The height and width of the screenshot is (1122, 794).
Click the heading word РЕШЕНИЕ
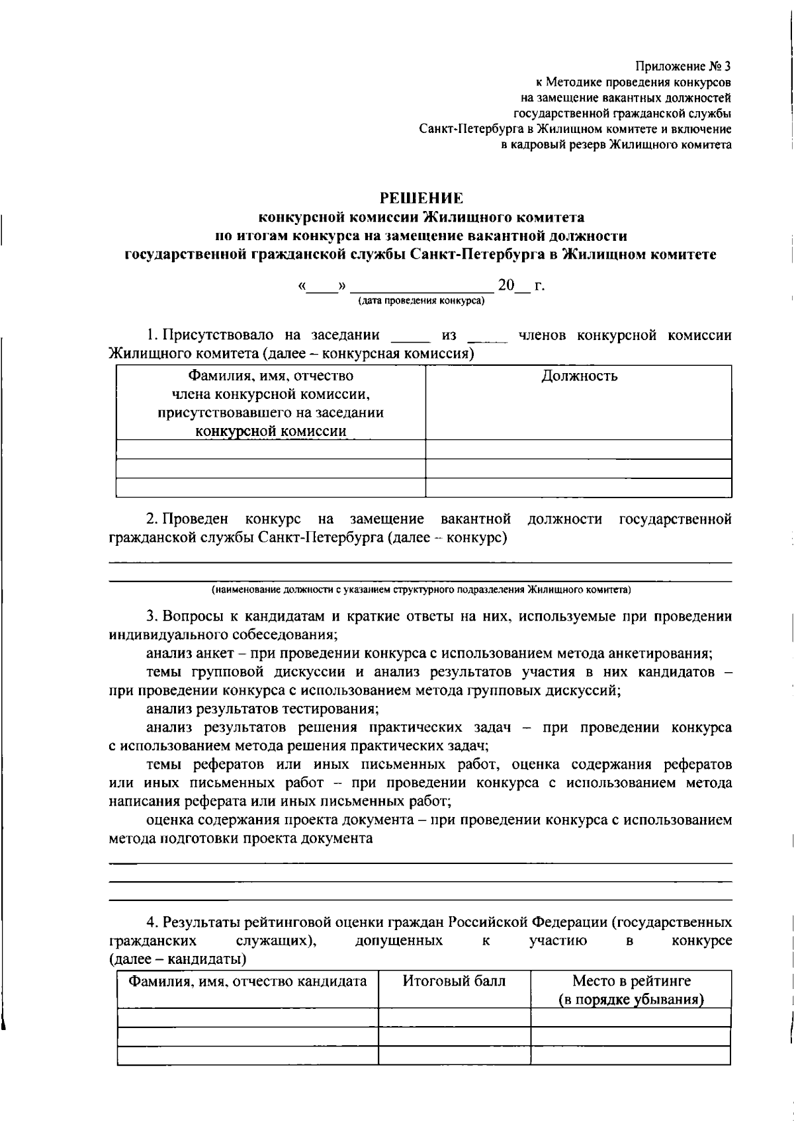tap(421, 198)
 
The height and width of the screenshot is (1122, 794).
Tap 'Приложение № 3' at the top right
tap(684, 66)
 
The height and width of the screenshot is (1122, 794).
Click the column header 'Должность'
tap(579, 376)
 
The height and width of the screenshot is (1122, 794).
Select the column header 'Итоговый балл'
tap(454, 981)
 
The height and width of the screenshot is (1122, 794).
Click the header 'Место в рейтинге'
tap(631, 981)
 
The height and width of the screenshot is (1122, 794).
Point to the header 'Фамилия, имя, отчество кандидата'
tap(247, 981)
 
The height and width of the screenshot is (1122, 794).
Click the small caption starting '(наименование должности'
tap(421, 589)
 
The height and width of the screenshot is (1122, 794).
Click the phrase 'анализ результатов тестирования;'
tap(263, 709)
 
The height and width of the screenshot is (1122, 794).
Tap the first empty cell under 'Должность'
tap(578, 449)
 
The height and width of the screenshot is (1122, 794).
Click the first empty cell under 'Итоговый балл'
tap(454, 1017)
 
